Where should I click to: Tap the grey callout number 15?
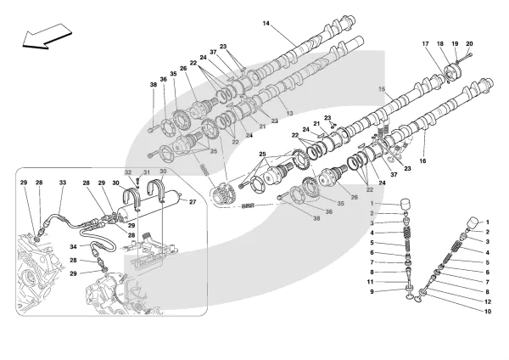click(x=382, y=89)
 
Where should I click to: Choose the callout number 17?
click(x=426, y=43)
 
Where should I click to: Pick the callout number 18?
click(x=440, y=43)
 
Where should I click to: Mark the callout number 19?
click(x=455, y=43)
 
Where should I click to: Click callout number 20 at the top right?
click(x=469, y=43)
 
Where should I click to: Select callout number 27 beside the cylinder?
click(x=193, y=202)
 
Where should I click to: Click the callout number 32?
click(x=129, y=172)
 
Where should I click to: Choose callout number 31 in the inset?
click(x=145, y=172)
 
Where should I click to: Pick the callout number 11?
click(x=371, y=281)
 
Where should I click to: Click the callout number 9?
click(x=371, y=292)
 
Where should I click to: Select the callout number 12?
click(x=487, y=301)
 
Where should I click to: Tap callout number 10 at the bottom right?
click(x=487, y=312)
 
